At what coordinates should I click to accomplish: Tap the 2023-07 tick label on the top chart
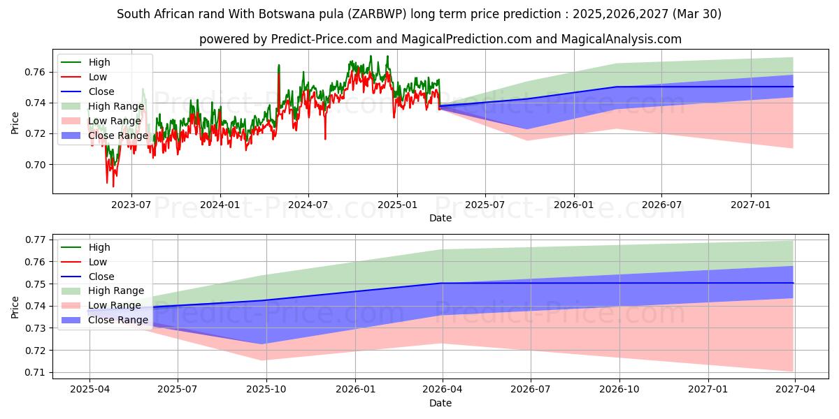point(131,205)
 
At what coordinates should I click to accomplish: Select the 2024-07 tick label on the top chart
point(308,205)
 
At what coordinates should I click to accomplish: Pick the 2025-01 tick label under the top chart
point(397,205)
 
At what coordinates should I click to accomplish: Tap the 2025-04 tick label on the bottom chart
point(89,390)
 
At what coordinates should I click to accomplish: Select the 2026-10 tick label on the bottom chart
point(620,390)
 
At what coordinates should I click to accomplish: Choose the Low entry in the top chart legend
point(98,77)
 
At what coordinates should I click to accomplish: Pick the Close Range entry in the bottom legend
point(117,321)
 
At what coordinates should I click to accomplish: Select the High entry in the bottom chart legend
point(99,247)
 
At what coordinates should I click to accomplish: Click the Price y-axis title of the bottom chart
point(15,306)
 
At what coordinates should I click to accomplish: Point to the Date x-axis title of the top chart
point(440,218)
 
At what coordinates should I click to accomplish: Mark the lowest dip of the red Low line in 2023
point(113,186)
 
